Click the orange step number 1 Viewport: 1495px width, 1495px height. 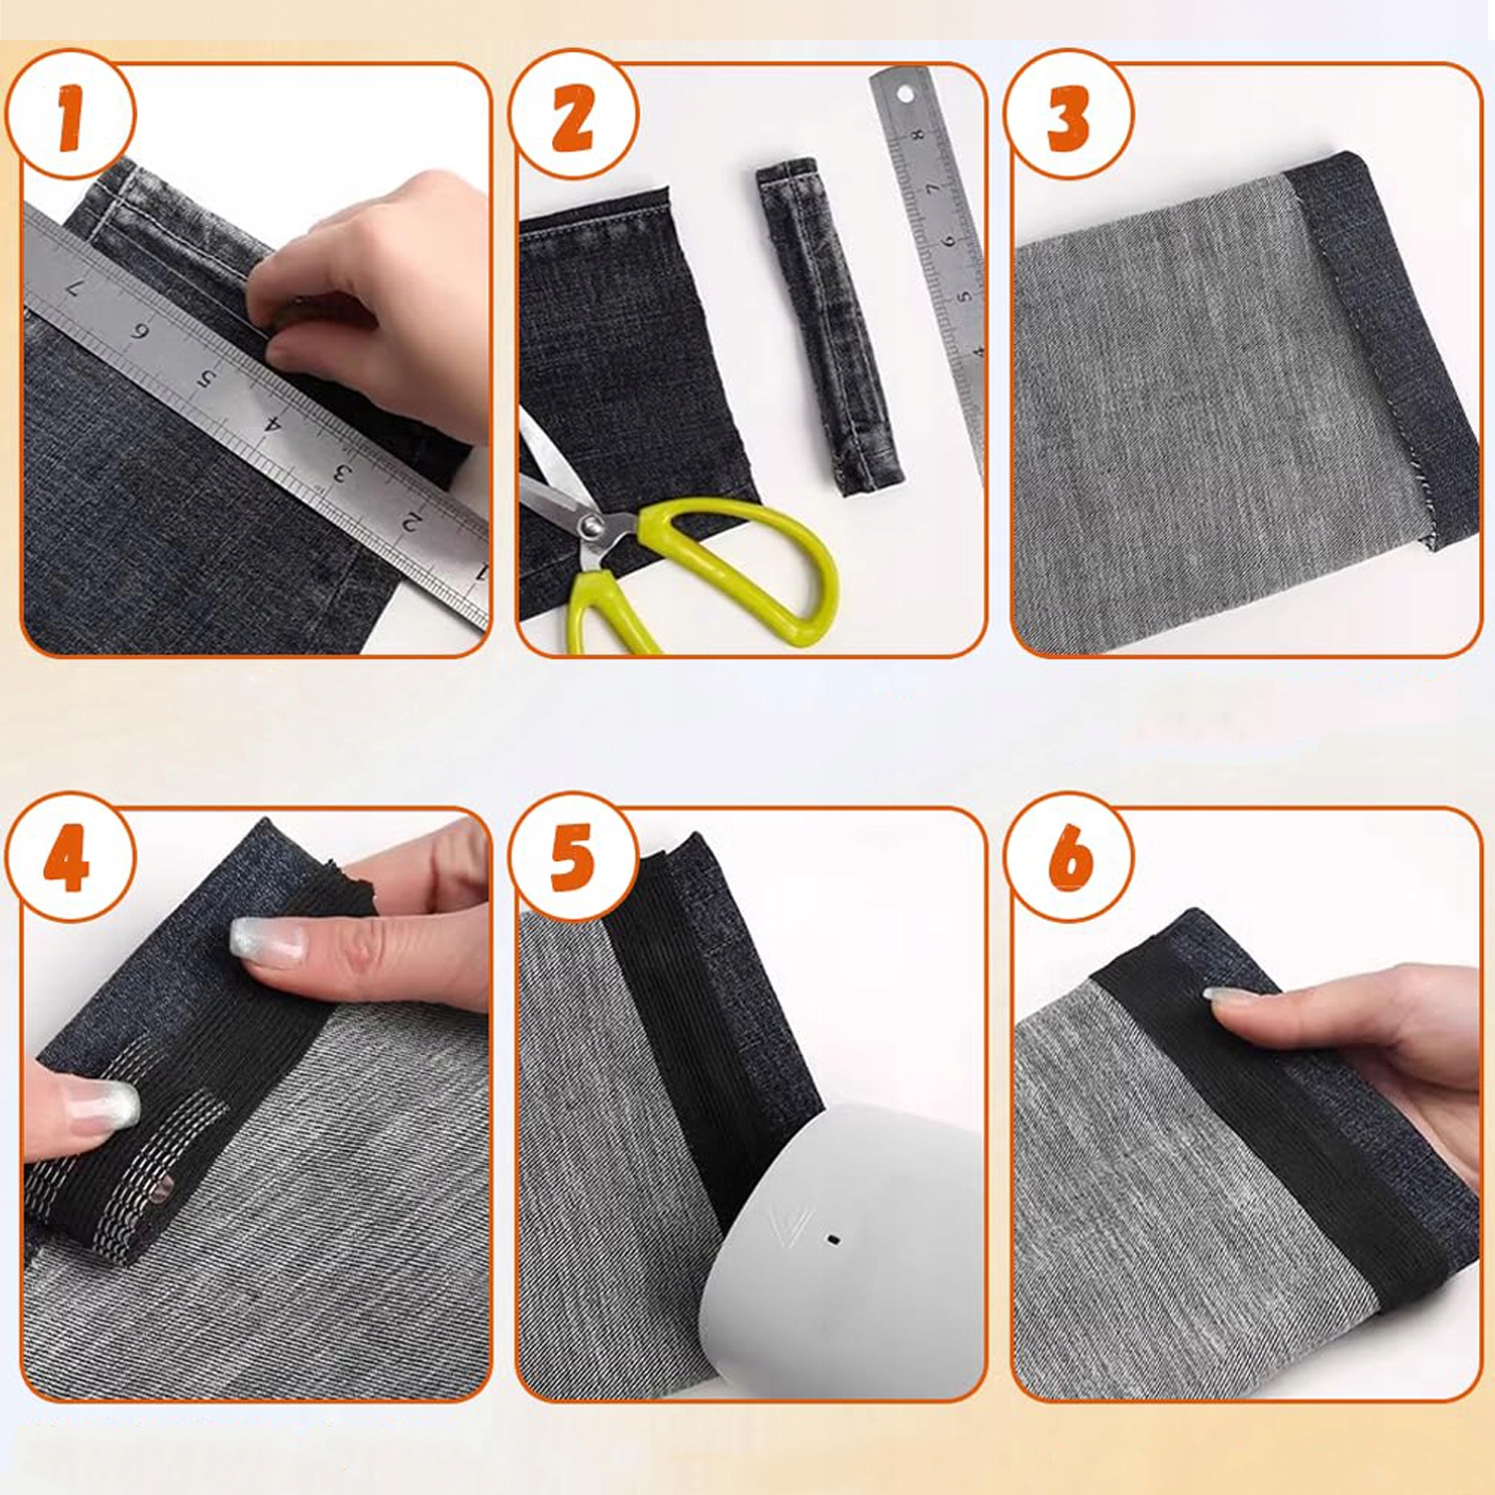[70, 119]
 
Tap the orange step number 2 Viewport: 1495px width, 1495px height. [573, 118]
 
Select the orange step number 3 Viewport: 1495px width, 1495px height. [1067, 119]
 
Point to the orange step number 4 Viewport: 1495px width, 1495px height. [67, 858]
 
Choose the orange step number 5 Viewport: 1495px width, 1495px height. [572, 858]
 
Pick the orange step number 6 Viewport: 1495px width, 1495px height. [1070, 858]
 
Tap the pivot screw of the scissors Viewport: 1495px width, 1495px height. [592, 525]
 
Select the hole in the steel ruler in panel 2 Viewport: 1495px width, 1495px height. [905, 95]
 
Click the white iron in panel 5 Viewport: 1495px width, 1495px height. [842, 1251]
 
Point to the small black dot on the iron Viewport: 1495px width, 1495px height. [833, 1240]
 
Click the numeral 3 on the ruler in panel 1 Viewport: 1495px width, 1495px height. [341, 471]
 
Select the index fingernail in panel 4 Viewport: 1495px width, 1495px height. [268, 942]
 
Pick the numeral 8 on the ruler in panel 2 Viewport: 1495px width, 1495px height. [918, 133]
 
